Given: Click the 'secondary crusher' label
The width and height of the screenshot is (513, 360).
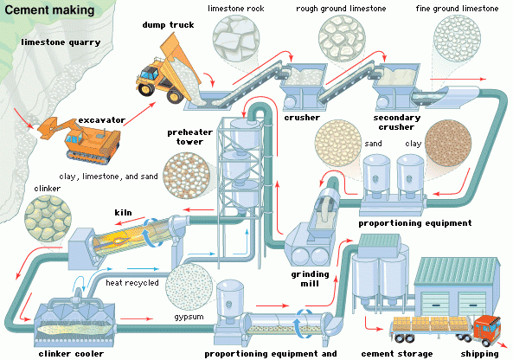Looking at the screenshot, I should [395, 121].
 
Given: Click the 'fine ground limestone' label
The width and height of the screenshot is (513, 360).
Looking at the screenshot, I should [468, 9].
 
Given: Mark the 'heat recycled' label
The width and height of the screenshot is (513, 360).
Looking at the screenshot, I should [131, 282].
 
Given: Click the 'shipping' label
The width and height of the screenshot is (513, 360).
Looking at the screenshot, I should [480, 353].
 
